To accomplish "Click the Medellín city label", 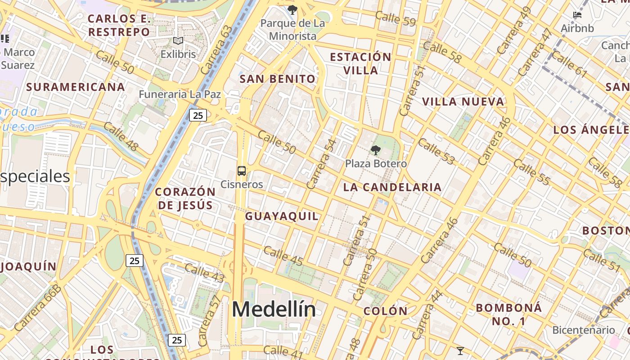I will [x=274, y=310].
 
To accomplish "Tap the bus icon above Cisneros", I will [x=242, y=171].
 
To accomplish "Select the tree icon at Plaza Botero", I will [x=375, y=150].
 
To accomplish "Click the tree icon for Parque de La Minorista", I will [x=292, y=9].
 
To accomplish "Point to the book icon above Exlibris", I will [x=178, y=41].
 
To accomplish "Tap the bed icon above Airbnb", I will [x=577, y=15].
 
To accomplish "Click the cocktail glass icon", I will [x=460, y=351].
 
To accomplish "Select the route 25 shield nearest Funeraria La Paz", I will [x=198, y=115].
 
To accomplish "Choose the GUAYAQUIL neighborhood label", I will [x=282, y=216].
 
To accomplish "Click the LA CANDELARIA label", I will [x=392, y=188].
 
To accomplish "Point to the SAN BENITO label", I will [x=278, y=79].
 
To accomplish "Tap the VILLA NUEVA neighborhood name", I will [x=463, y=102].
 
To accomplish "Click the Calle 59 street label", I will [x=395, y=19].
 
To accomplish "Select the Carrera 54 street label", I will [x=321, y=164].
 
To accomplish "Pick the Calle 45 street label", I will [x=283, y=256].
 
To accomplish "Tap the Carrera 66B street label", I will [x=37, y=308].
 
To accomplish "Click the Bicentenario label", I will [x=583, y=330].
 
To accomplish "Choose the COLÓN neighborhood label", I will [x=385, y=311].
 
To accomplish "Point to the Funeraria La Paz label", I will [x=180, y=94].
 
